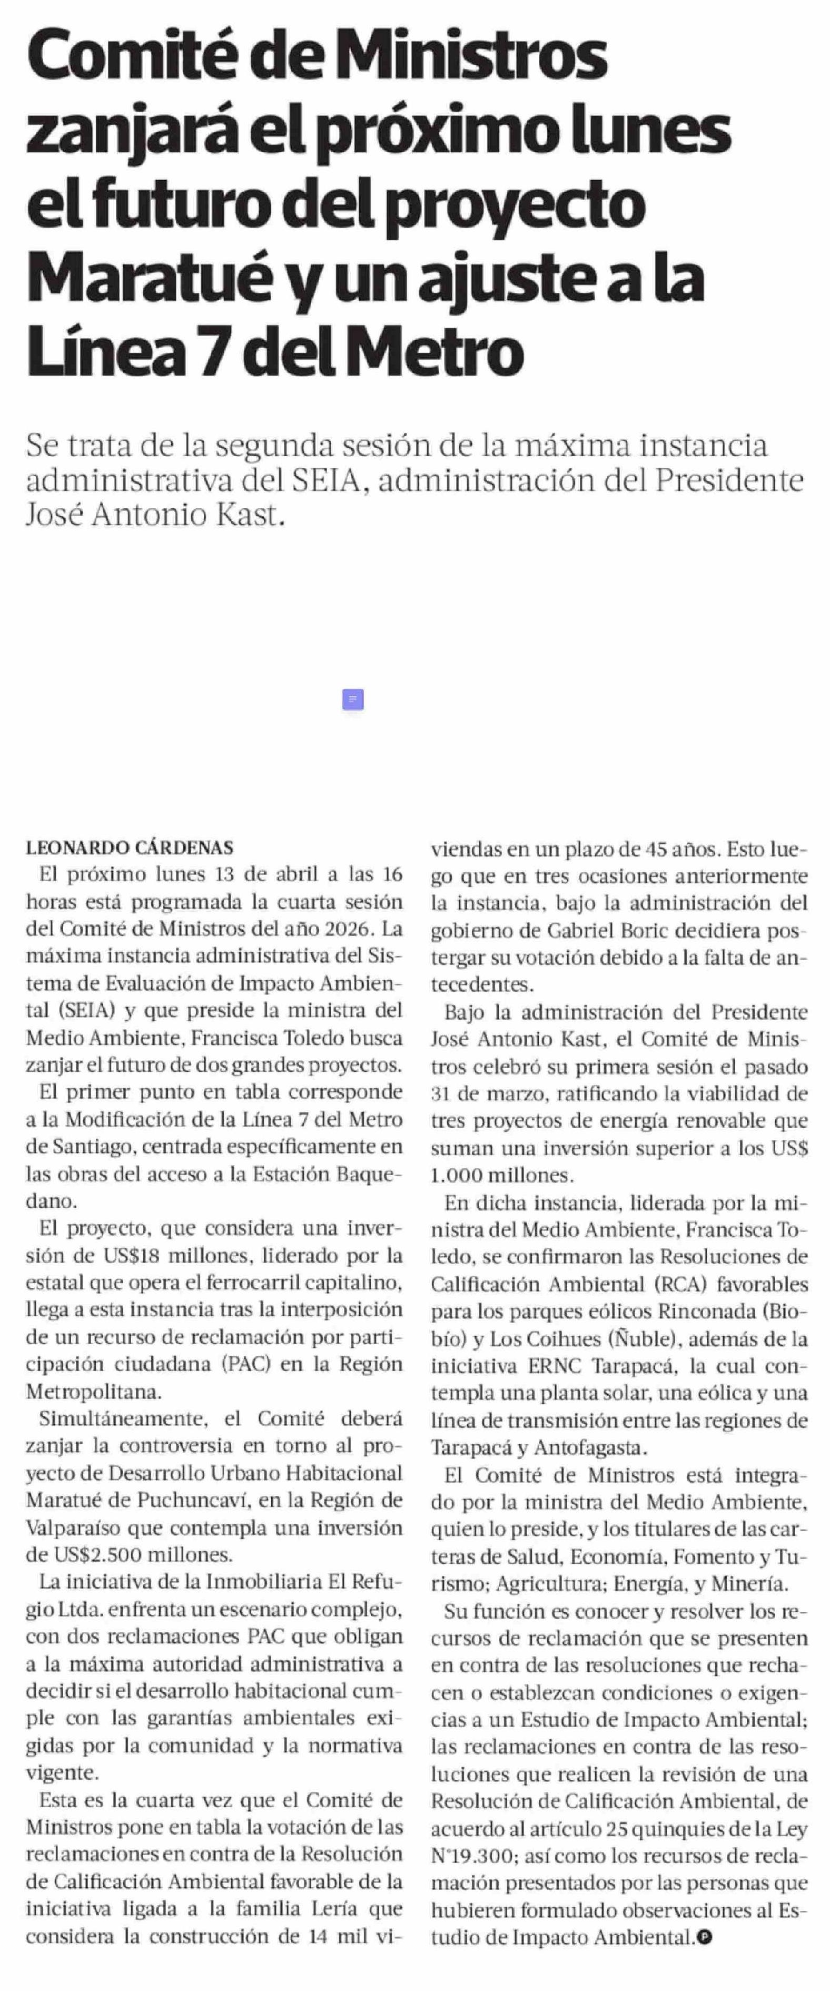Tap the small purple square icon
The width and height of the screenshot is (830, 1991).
pos(352,699)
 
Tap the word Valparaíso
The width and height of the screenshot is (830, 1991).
pos(71,1527)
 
